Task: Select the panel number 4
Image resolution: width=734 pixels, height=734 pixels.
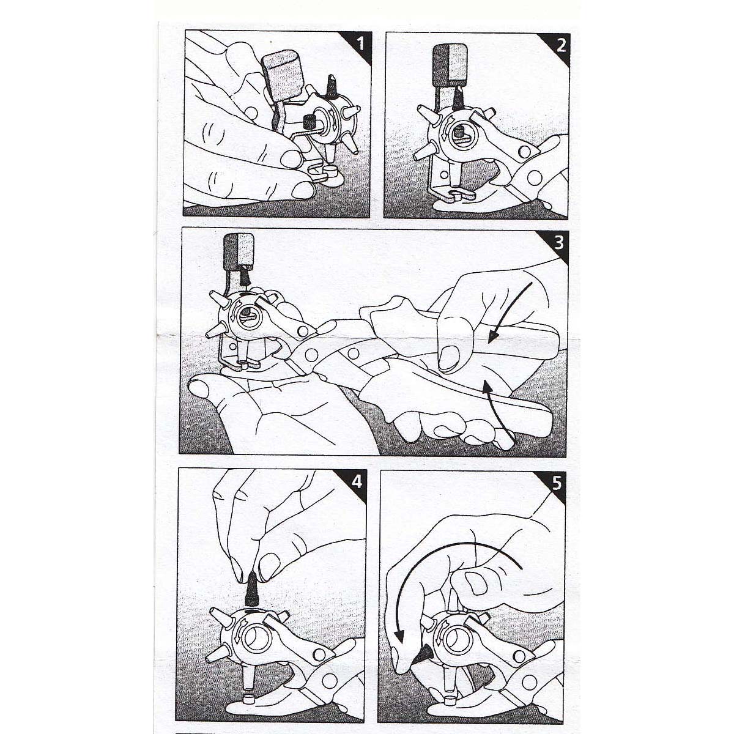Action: click(357, 482)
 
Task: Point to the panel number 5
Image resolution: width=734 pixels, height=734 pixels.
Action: click(557, 484)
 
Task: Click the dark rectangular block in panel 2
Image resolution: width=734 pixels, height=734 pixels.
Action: click(451, 64)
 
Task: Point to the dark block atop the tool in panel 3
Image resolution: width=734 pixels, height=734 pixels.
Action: click(239, 251)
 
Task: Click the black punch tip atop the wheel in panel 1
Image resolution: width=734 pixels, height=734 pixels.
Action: click(331, 85)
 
